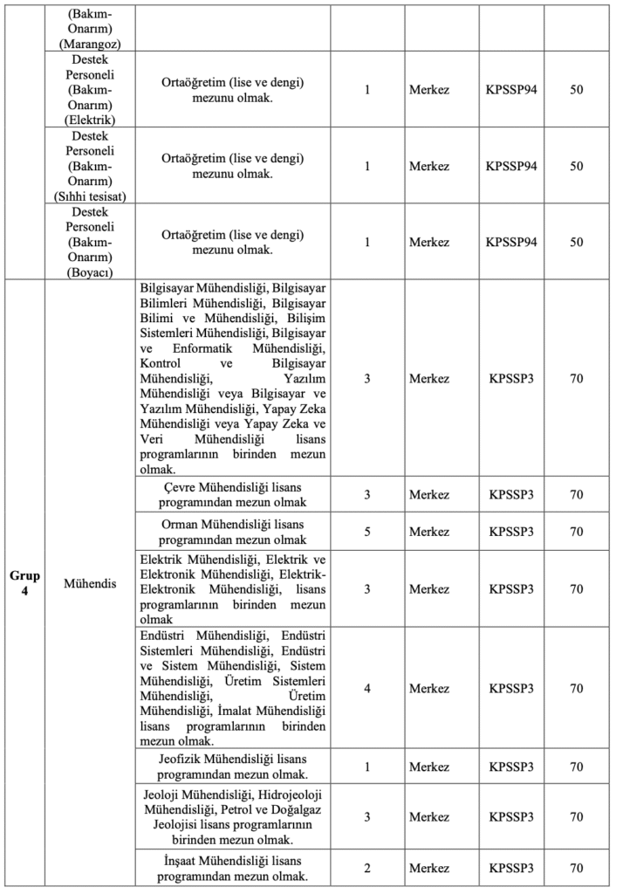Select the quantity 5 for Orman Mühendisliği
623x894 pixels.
point(367,531)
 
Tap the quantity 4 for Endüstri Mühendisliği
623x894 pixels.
point(367,689)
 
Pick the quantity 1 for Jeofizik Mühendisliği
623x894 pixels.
point(367,767)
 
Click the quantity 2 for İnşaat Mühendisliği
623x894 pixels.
point(367,868)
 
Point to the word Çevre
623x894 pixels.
point(181,486)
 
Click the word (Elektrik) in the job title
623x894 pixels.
point(85,120)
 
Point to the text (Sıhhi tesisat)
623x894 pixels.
point(85,196)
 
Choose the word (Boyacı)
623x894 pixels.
point(85,272)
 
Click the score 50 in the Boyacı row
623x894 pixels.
point(577,242)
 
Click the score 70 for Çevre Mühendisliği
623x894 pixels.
point(577,494)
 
